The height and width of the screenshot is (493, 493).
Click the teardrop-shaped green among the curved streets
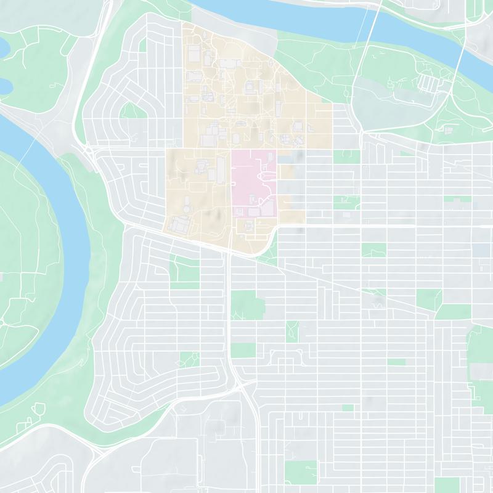[x=132, y=112]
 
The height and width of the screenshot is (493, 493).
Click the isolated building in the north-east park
[x=448, y=130]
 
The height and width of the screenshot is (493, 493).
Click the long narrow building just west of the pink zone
[x=221, y=169]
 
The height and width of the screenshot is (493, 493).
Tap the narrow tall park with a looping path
[x=292, y=331]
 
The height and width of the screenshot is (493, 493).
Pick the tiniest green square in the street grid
[x=348, y=407]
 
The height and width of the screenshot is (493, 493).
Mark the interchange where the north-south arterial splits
[x=243, y=388]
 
